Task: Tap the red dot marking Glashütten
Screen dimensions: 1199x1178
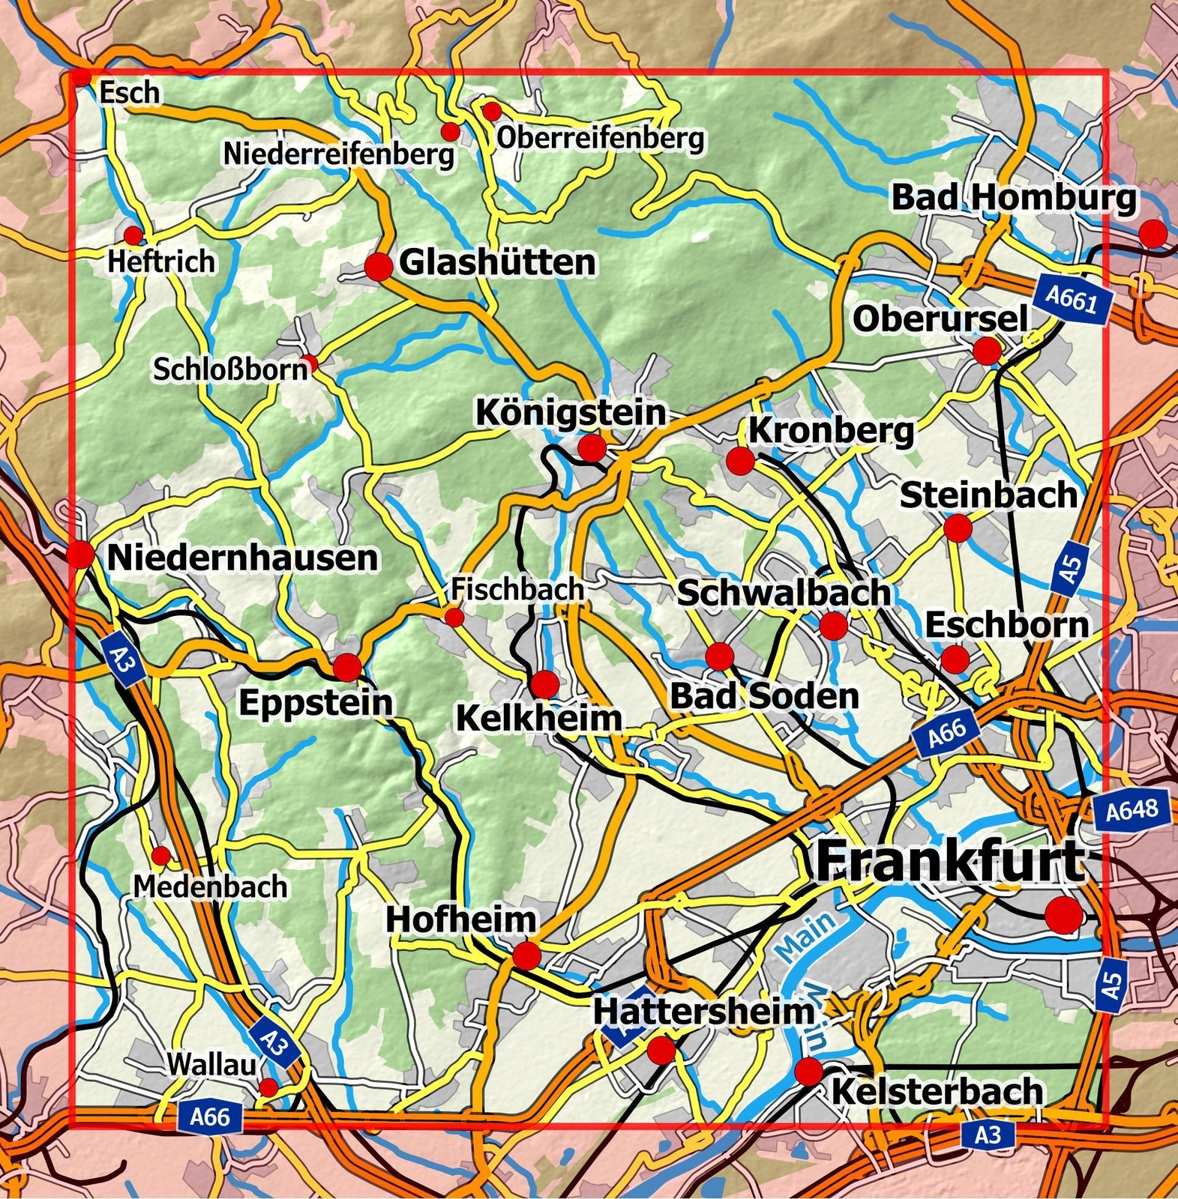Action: (x=379, y=267)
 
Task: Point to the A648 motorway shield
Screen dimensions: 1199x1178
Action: (x=1132, y=810)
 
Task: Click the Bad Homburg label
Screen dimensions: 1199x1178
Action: (x=1013, y=198)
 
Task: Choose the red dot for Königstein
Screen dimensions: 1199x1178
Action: (x=592, y=448)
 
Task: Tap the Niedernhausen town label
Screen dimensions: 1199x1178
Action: (x=243, y=558)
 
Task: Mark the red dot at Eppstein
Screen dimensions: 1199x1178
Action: (x=347, y=666)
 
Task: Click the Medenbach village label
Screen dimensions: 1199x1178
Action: (x=210, y=887)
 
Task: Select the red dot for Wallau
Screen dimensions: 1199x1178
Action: (x=268, y=1087)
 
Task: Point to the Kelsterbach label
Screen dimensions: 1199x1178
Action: (x=937, y=1092)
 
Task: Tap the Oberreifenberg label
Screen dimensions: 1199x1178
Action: (x=600, y=138)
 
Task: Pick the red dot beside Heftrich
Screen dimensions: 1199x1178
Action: (x=133, y=235)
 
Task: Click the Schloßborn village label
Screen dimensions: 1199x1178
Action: (x=230, y=369)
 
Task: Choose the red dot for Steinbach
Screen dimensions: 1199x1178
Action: (x=958, y=528)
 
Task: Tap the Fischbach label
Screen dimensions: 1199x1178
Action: (x=517, y=589)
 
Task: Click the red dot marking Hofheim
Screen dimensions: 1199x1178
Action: (x=526, y=956)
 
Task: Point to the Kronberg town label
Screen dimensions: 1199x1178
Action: (x=831, y=431)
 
